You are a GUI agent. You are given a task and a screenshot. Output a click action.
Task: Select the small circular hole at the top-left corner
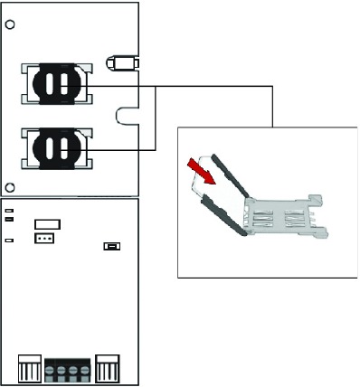[x=8, y=25]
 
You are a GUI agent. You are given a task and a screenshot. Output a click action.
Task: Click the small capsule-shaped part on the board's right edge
[x=120, y=63]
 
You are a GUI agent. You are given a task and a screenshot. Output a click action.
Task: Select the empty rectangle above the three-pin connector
[x=47, y=223]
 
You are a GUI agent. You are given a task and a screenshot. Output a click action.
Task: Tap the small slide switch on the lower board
[x=113, y=246]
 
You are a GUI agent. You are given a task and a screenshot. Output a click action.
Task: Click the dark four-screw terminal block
[x=69, y=371]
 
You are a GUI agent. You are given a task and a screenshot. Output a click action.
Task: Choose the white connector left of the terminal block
[x=30, y=370]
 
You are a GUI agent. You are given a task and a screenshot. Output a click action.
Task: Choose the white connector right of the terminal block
[x=109, y=370]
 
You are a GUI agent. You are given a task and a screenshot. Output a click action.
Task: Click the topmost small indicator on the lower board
[x=9, y=211]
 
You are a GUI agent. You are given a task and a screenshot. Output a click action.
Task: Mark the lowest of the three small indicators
[x=9, y=241]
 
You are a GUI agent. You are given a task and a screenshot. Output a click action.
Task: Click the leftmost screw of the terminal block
[x=51, y=372]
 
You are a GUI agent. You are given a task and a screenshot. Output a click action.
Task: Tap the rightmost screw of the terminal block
[x=87, y=372]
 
